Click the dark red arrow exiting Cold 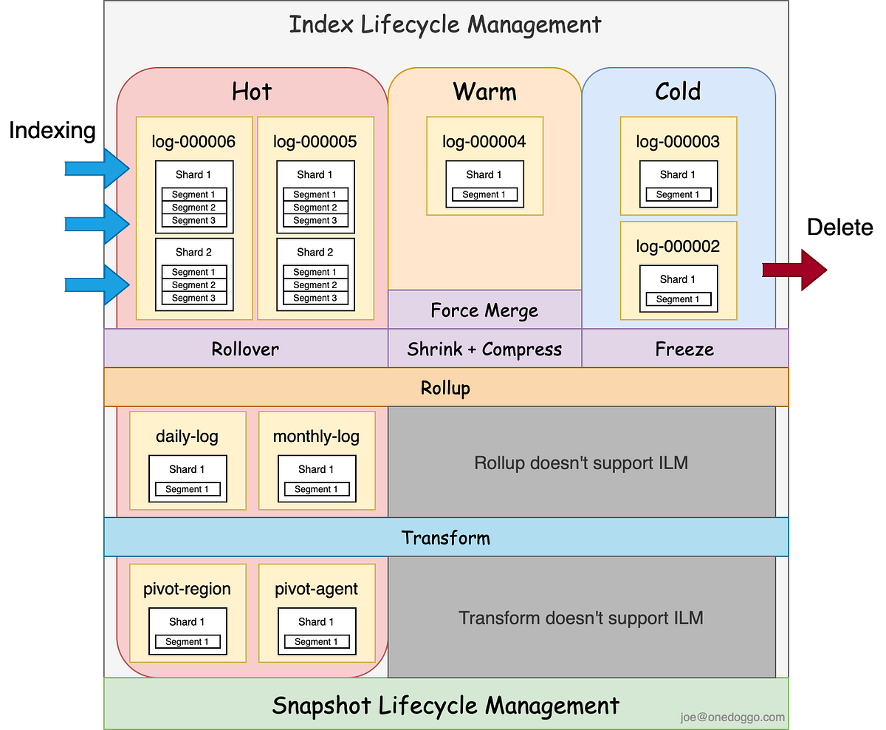(x=796, y=270)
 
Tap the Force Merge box (x=484, y=310)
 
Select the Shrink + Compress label (x=484, y=349)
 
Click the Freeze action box (x=684, y=349)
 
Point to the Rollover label (x=245, y=349)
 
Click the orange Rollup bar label (x=445, y=388)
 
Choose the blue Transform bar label (x=445, y=537)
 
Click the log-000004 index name (x=484, y=142)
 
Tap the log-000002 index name (x=678, y=246)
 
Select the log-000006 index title (x=193, y=142)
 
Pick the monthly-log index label (x=316, y=436)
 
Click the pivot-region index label (x=187, y=589)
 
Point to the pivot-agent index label (x=316, y=589)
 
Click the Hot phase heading (x=252, y=92)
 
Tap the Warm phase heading (x=484, y=92)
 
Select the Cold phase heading (x=678, y=92)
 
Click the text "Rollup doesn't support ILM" (x=581, y=463)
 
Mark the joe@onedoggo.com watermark (x=733, y=717)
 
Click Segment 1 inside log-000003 (x=678, y=195)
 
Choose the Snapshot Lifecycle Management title (x=445, y=705)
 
